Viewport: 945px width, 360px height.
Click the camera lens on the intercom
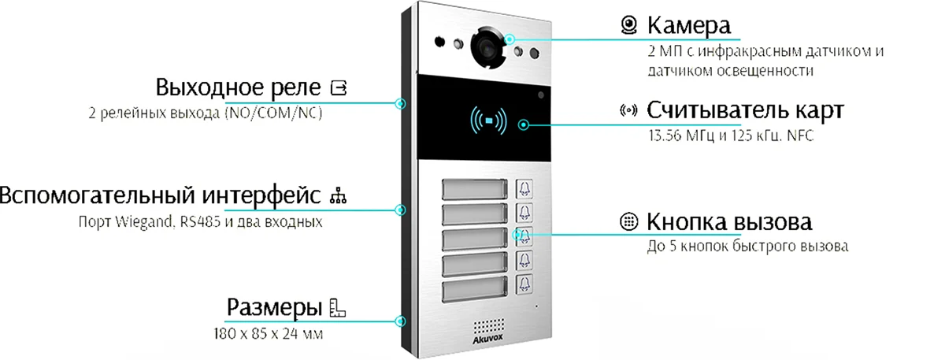(x=487, y=48)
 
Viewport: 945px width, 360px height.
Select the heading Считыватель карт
(x=745, y=109)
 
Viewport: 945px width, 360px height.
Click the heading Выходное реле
(x=239, y=86)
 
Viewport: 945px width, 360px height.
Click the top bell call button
(x=524, y=189)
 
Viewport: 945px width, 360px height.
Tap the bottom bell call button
(x=524, y=284)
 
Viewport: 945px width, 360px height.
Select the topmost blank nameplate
(x=474, y=189)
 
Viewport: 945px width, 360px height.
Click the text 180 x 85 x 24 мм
(x=269, y=334)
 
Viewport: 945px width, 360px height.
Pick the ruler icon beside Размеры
(x=338, y=307)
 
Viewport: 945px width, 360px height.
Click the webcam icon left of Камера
(x=629, y=26)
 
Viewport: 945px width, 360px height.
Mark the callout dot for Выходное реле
(x=402, y=102)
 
